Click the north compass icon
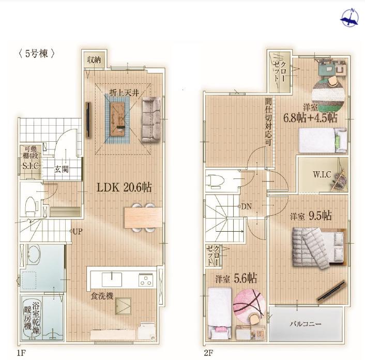tap(349, 21)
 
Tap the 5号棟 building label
tap(37, 54)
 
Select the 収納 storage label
tap(94, 60)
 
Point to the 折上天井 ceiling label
tap(124, 93)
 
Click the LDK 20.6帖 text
tap(124, 187)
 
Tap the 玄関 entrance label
tap(61, 169)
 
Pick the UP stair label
tap(78, 232)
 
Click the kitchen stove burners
tap(146, 280)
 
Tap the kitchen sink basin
tap(112, 279)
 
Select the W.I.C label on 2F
tap(322, 174)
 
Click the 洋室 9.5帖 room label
tap(311, 216)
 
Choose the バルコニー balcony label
tap(306, 324)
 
